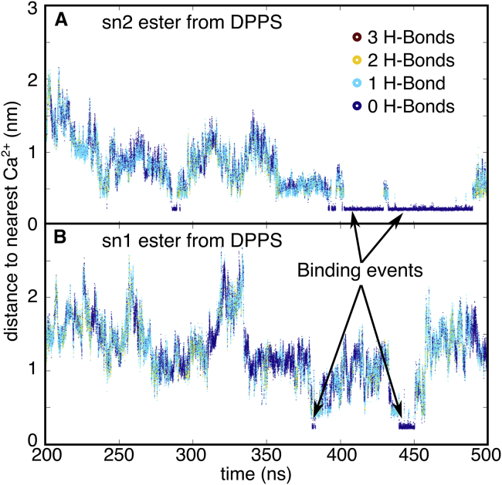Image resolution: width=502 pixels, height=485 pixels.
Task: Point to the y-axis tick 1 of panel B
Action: [x=32, y=370]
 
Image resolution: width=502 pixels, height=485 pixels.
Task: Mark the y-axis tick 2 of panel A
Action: [x=32, y=79]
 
